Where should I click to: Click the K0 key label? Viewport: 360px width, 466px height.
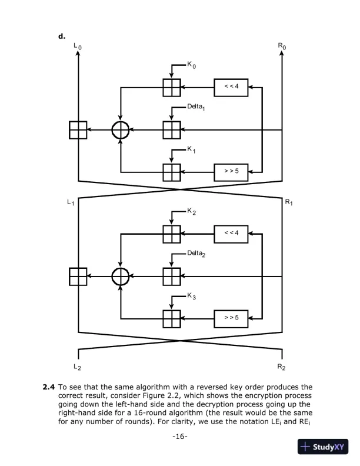[192, 65]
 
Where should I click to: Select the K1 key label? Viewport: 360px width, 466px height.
[192, 151]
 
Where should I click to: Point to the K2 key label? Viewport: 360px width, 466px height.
[192, 212]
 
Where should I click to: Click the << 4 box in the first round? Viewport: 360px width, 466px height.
[231, 87]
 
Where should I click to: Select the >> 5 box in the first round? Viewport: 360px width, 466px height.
[231, 172]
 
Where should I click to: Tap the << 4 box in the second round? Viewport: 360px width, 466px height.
[231, 233]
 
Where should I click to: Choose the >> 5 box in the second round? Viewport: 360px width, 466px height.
[231, 318]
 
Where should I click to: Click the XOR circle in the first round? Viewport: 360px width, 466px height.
[120, 130]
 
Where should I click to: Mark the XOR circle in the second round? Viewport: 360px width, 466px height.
[120, 275]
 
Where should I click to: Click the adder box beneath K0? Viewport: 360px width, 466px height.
[171, 87]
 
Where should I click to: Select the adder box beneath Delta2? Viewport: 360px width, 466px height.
[171, 275]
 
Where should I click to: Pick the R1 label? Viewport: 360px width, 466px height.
[289, 203]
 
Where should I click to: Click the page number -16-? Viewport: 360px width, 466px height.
[180, 437]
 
